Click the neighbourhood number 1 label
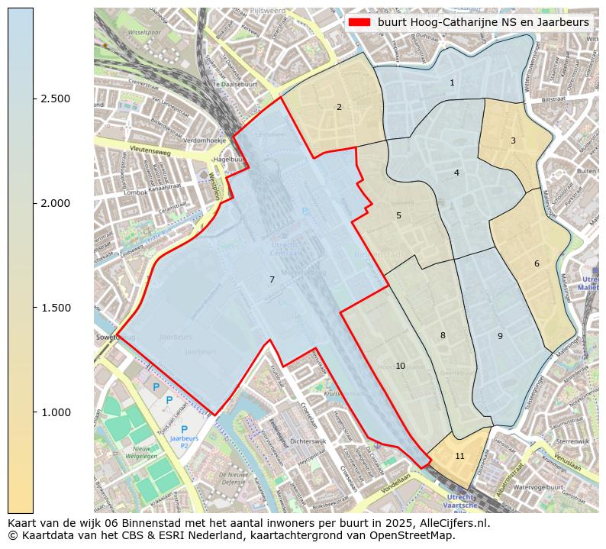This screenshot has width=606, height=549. [452, 82]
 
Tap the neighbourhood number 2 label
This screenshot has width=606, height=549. [339, 107]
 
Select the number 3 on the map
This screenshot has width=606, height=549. [513, 140]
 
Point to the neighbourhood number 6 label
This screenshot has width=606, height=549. [537, 263]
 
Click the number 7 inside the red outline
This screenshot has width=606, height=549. [272, 279]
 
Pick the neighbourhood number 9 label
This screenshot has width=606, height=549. [500, 336]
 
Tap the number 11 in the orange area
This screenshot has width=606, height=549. [459, 456]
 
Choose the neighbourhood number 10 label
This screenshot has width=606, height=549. [400, 367]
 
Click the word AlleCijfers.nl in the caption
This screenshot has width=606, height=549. [451, 524]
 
